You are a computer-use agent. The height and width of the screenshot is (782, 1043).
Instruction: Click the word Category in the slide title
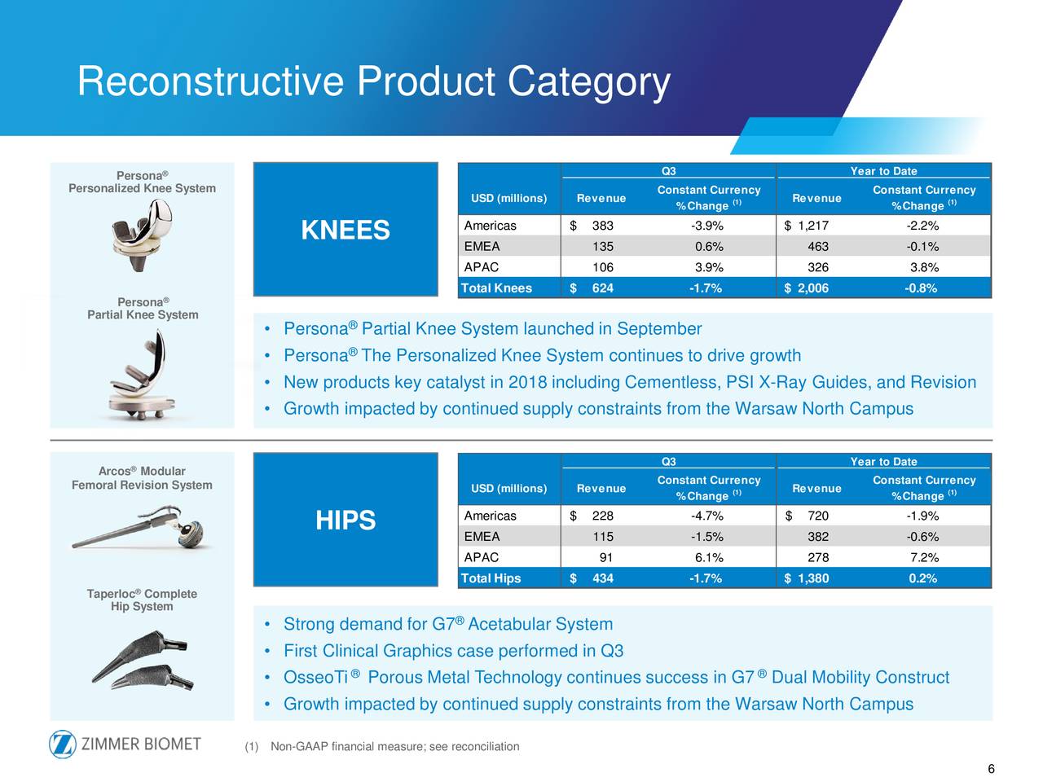(588, 82)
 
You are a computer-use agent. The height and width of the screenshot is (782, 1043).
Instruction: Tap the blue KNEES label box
(345, 230)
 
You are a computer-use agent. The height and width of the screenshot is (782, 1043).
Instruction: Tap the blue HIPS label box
(345, 520)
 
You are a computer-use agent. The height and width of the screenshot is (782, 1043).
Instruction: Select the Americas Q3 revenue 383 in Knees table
(602, 226)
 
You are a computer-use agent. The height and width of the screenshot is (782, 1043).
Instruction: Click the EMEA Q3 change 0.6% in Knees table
(708, 247)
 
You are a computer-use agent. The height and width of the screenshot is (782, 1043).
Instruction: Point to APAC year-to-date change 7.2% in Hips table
(923, 558)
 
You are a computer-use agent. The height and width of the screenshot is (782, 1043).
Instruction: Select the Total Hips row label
(491, 578)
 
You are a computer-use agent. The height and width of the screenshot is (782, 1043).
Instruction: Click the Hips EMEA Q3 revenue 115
(602, 537)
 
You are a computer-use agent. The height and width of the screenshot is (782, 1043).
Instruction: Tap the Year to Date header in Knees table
(883, 171)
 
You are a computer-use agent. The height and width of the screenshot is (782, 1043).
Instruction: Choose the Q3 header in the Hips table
(668, 462)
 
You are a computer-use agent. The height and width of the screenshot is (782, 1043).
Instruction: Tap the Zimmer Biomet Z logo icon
(63, 745)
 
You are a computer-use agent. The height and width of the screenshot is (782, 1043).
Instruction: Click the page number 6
(991, 770)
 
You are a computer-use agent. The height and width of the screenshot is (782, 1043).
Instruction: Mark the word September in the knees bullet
(658, 329)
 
